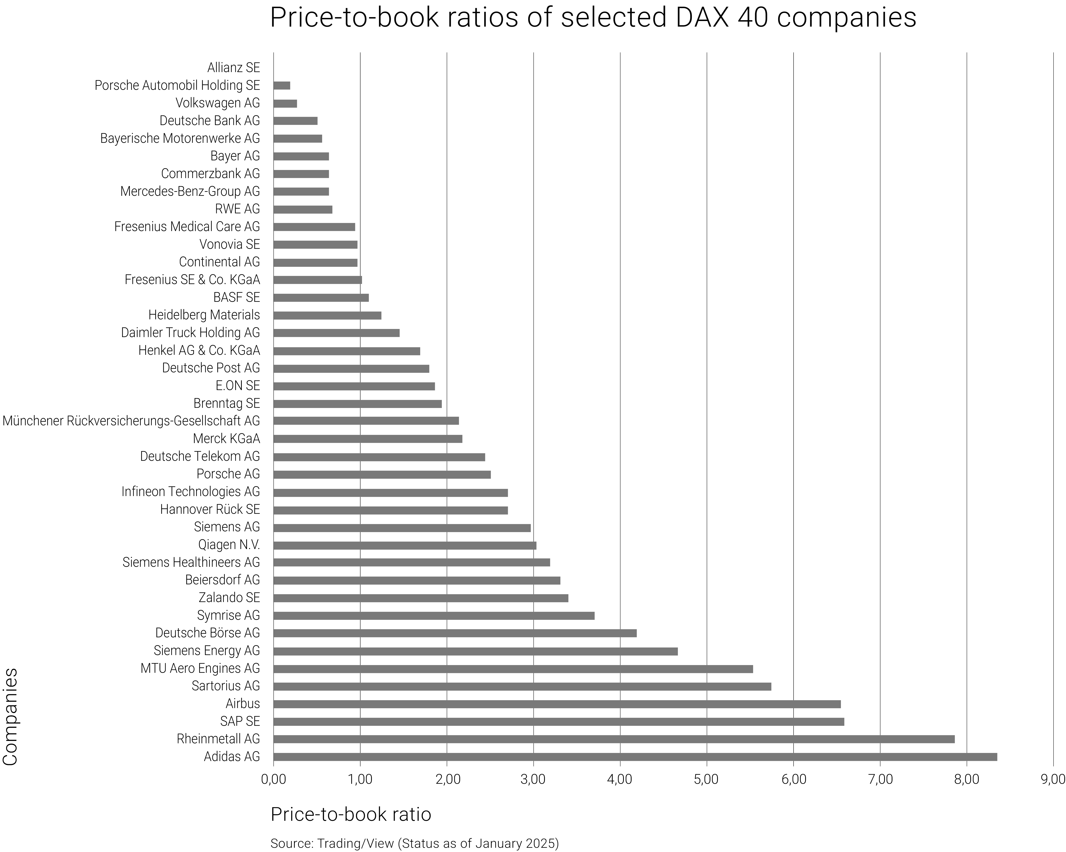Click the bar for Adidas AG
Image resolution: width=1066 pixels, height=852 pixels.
[x=635, y=757]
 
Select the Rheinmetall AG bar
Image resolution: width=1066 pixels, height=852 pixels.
[x=614, y=739]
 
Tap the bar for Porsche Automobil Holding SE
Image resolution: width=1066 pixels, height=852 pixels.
[x=282, y=86]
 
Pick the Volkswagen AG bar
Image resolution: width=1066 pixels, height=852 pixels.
[x=285, y=103]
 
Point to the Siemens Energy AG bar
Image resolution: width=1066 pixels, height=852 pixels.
[x=475, y=651]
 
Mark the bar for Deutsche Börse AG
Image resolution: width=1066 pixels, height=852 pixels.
[x=455, y=633]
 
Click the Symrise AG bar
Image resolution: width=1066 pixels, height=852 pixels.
[x=434, y=616]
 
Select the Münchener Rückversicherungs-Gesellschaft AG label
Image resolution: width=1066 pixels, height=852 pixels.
[x=131, y=421]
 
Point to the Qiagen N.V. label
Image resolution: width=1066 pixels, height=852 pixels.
[x=229, y=545]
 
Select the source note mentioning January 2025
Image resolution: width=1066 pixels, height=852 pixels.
[x=414, y=843]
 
